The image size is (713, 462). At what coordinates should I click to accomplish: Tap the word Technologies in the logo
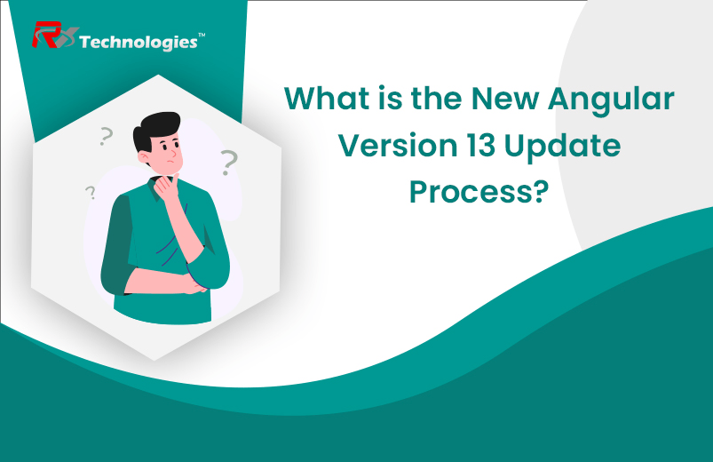click(x=138, y=42)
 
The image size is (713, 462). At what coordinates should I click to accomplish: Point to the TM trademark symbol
click(x=202, y=36)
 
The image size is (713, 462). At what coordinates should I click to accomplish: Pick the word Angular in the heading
click(x=606, y=99)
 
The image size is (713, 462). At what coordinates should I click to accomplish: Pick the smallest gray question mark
click(x=91, y=192)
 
